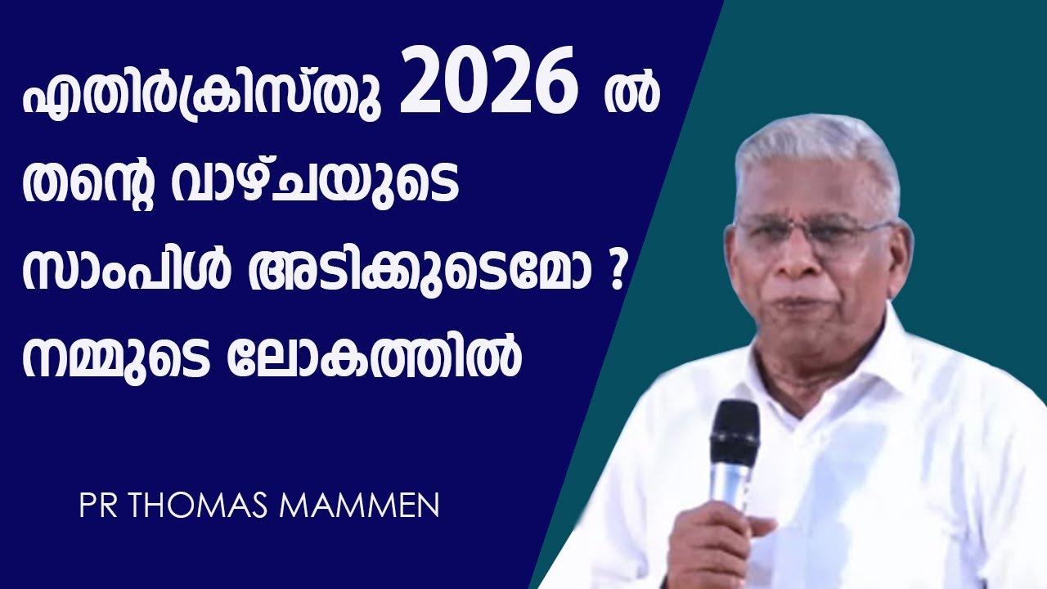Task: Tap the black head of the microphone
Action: point(734,434)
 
